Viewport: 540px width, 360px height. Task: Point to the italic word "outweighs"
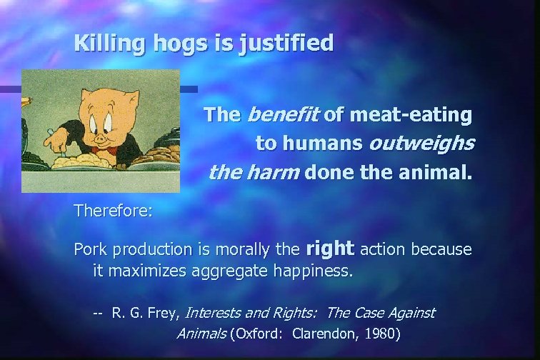[421, 144]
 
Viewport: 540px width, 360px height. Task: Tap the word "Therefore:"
[112, 211]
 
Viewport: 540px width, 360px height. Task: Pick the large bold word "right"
[330, 249]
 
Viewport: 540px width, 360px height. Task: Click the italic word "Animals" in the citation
[201, 333]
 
